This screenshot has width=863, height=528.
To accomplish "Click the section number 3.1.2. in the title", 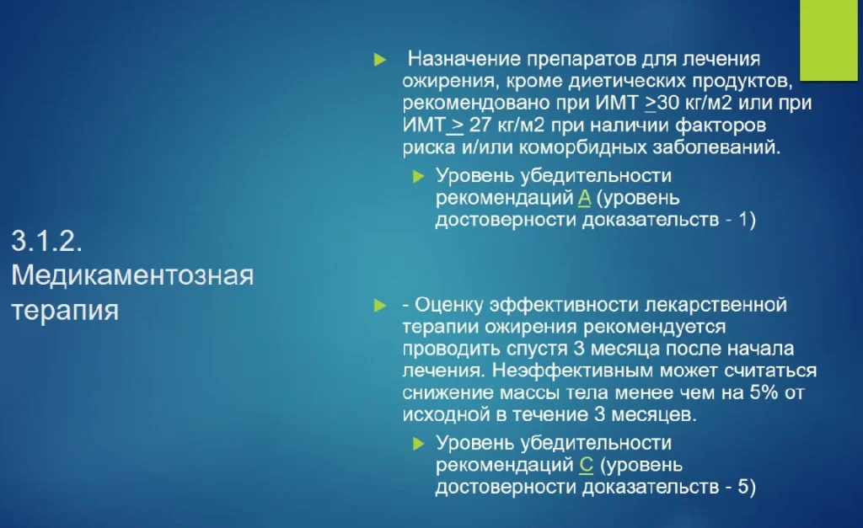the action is pos(47,242).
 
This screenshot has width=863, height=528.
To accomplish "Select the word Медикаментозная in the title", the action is pos(132,275).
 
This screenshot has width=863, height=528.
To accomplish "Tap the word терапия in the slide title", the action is pos(65,310).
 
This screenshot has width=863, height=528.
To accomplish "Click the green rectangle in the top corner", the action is pos(828,40).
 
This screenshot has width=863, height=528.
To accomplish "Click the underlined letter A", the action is pos(585,197).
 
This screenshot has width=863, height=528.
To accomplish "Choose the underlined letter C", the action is pos(587,466).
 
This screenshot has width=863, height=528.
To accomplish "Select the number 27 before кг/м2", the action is pos(480,125).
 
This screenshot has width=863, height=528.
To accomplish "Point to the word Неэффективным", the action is pos(573,371).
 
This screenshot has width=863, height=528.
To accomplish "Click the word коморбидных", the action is pos(583,147).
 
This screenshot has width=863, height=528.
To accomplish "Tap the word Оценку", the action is pos(448,305).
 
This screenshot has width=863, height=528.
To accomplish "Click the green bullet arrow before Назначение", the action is pos(380,60).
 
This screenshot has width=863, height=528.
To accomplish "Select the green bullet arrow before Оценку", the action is pos(380,305).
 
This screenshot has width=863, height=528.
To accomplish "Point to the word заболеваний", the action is pos(716,147).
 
